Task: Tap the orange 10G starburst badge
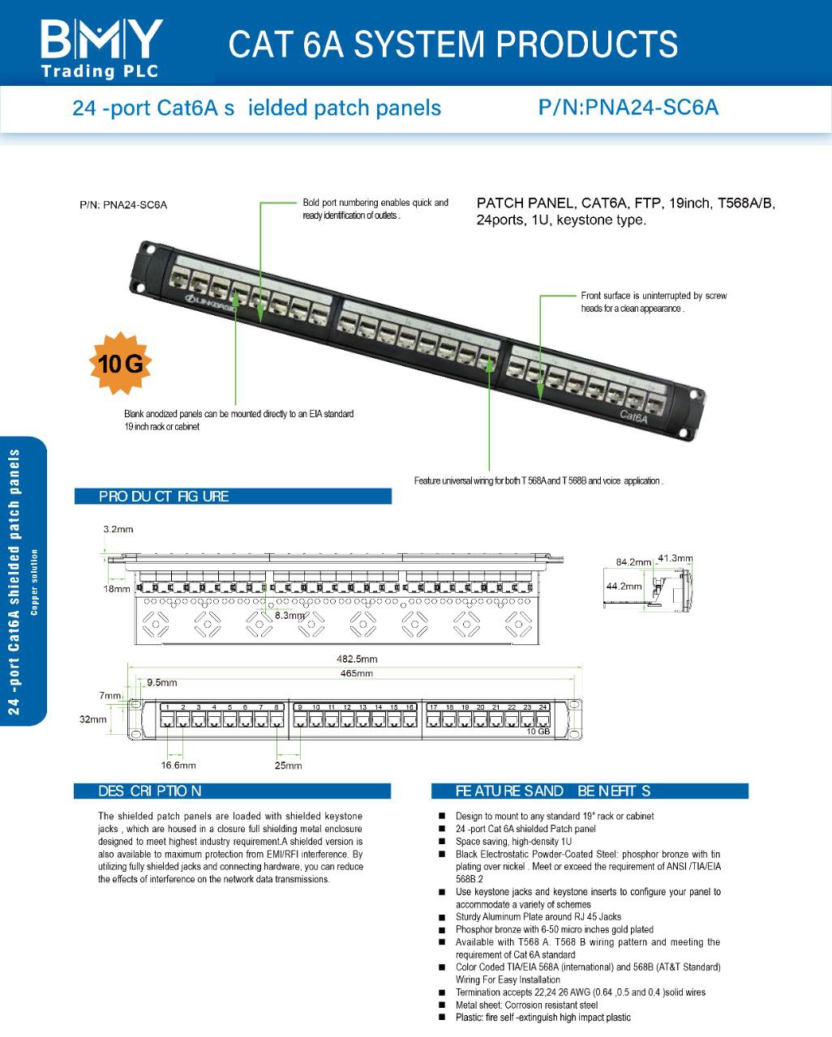pyautogui.click(x=120, y=364)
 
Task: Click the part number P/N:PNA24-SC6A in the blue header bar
pyautogui.click(x=628, y=108)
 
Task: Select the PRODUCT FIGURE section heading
pyautogui.click(x=164, y=496)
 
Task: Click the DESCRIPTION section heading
pyautogui.click(x=150, y=791)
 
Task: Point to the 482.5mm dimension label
pyautogui.click(x=357, y=659)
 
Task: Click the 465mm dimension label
pyautogui.click(x=357, y=673)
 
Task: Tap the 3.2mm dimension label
pyautogui.click(x=118, y=529)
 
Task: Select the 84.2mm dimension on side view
pyautogui.click(x=633, y=561)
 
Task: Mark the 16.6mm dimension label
pyautogui.click(x=178, y=765)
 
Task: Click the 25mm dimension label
pyautogui.click(x=288, y=766)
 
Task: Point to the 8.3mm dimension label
pyautogui.click(x=289, y=616)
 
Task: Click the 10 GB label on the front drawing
pyautogui.click(x=538, y=732)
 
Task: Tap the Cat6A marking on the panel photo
pyautogui.click(x=633, y=416)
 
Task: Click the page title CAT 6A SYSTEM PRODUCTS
pyautogui.click(x=452, y=45)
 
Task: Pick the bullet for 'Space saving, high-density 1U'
pyautogui.click(x=442, y=842)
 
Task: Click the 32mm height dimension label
pyautogui.click(x=92, y=719)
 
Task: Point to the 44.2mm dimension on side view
pyautogui.click(x=624, y=586)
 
